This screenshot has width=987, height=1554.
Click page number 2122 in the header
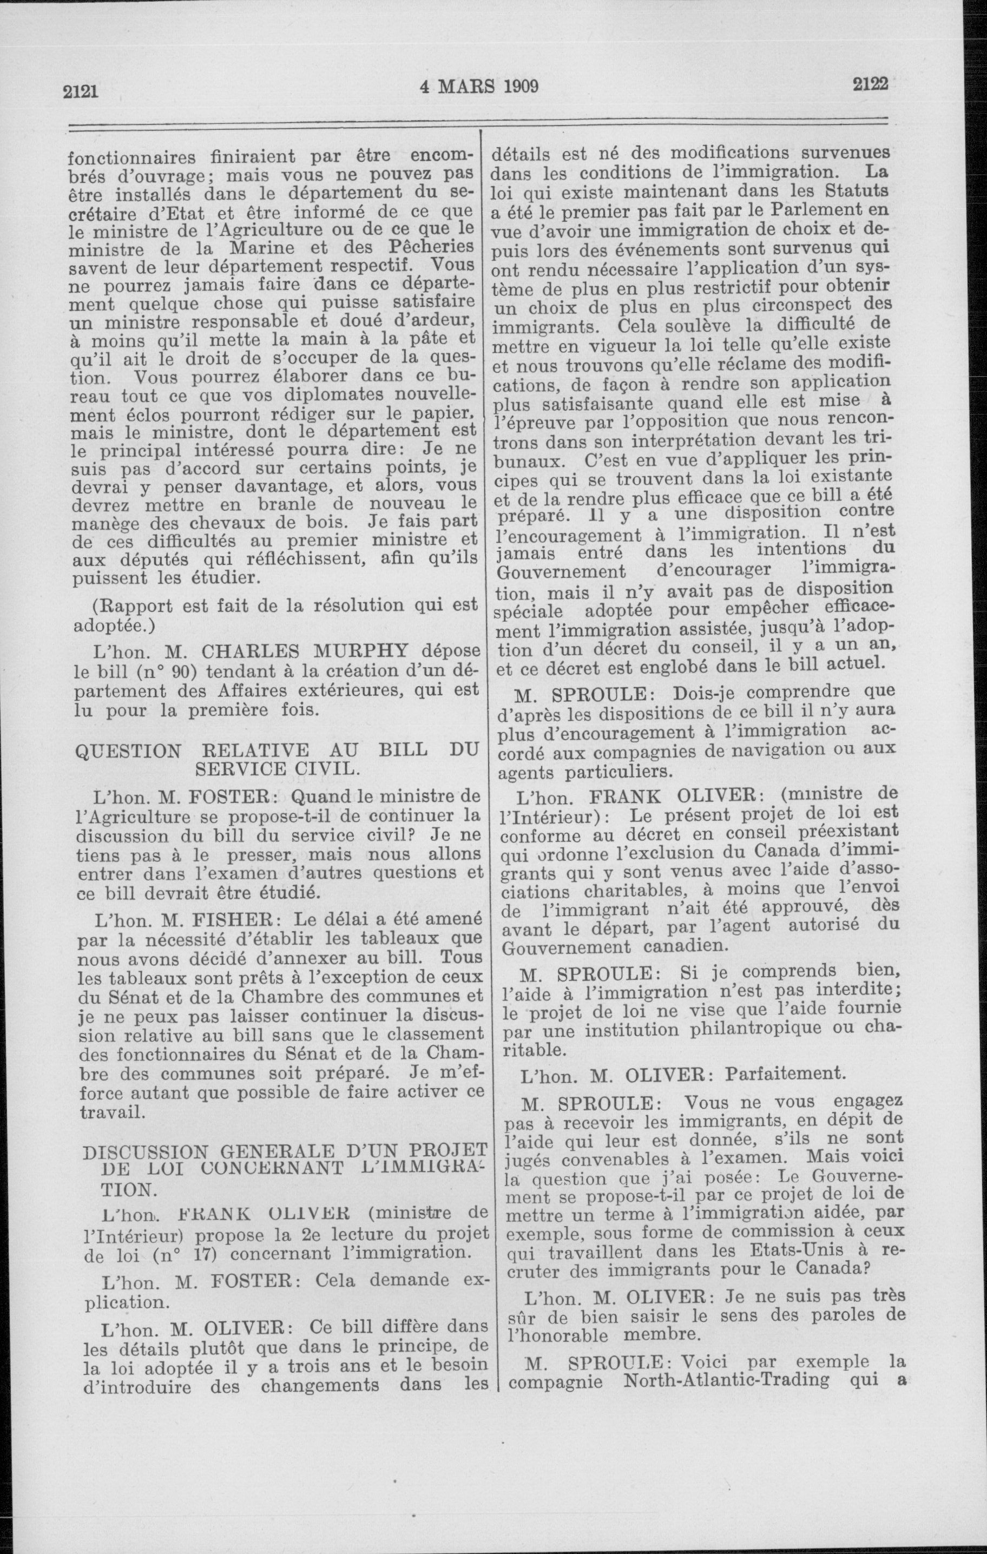(870, 83)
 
